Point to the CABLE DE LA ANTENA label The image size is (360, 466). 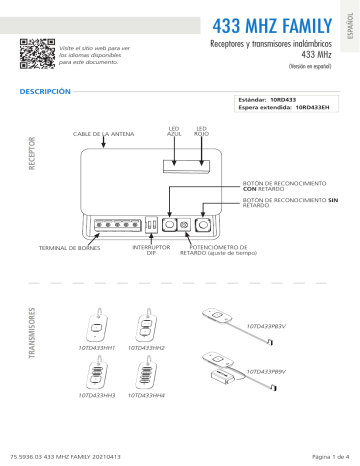coord(102,134)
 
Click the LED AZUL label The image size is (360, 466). coord(173,131)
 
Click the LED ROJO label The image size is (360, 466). coord(201,131)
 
